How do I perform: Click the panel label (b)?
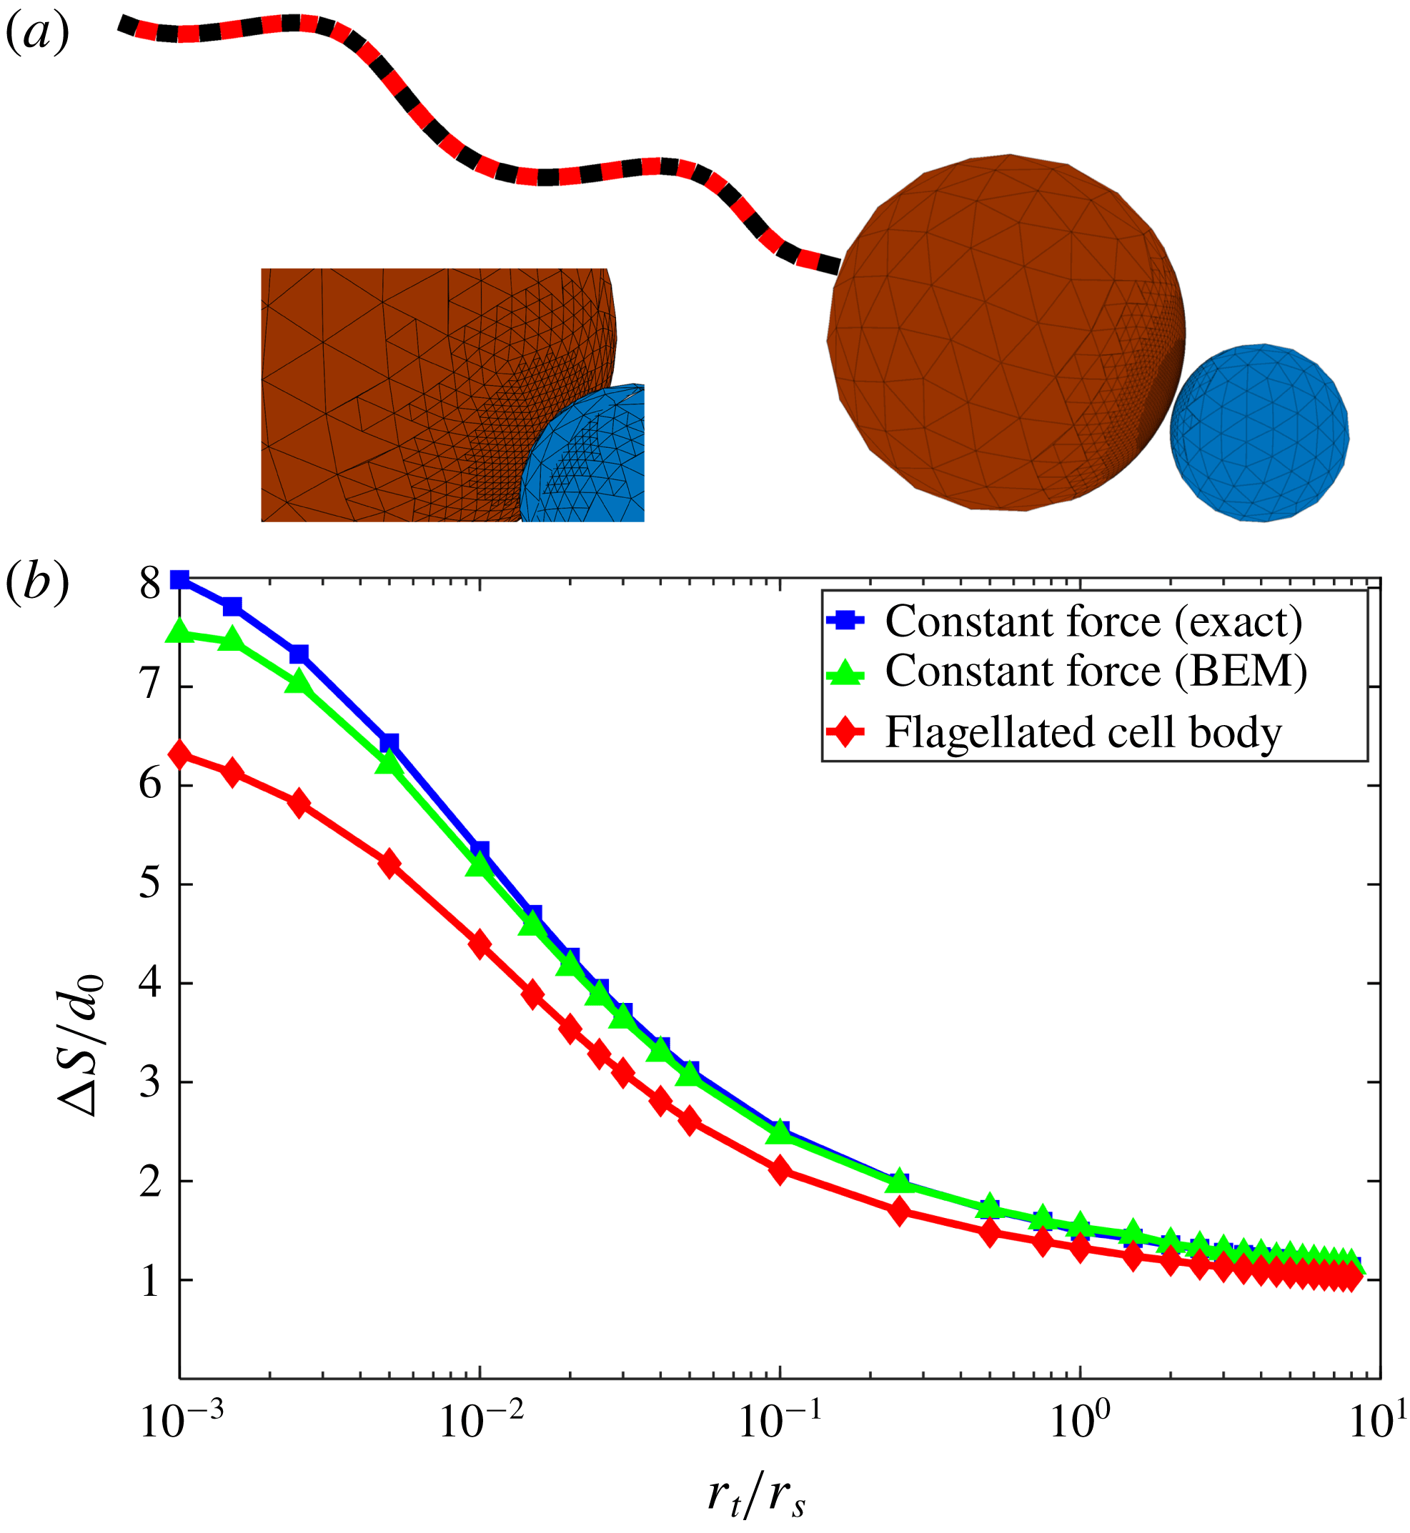36,584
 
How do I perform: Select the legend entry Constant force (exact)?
1093,621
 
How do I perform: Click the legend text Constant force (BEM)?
1096,672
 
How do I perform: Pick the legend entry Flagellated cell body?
1083,733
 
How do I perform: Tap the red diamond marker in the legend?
845,733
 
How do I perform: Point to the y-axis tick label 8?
150,585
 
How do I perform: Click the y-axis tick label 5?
150,884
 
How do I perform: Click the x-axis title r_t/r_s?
756,1496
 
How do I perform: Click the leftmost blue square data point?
180,580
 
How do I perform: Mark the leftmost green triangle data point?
180,631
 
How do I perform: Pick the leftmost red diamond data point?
180,755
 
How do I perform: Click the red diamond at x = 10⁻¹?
780,1170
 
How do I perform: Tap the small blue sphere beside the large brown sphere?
1259,433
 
